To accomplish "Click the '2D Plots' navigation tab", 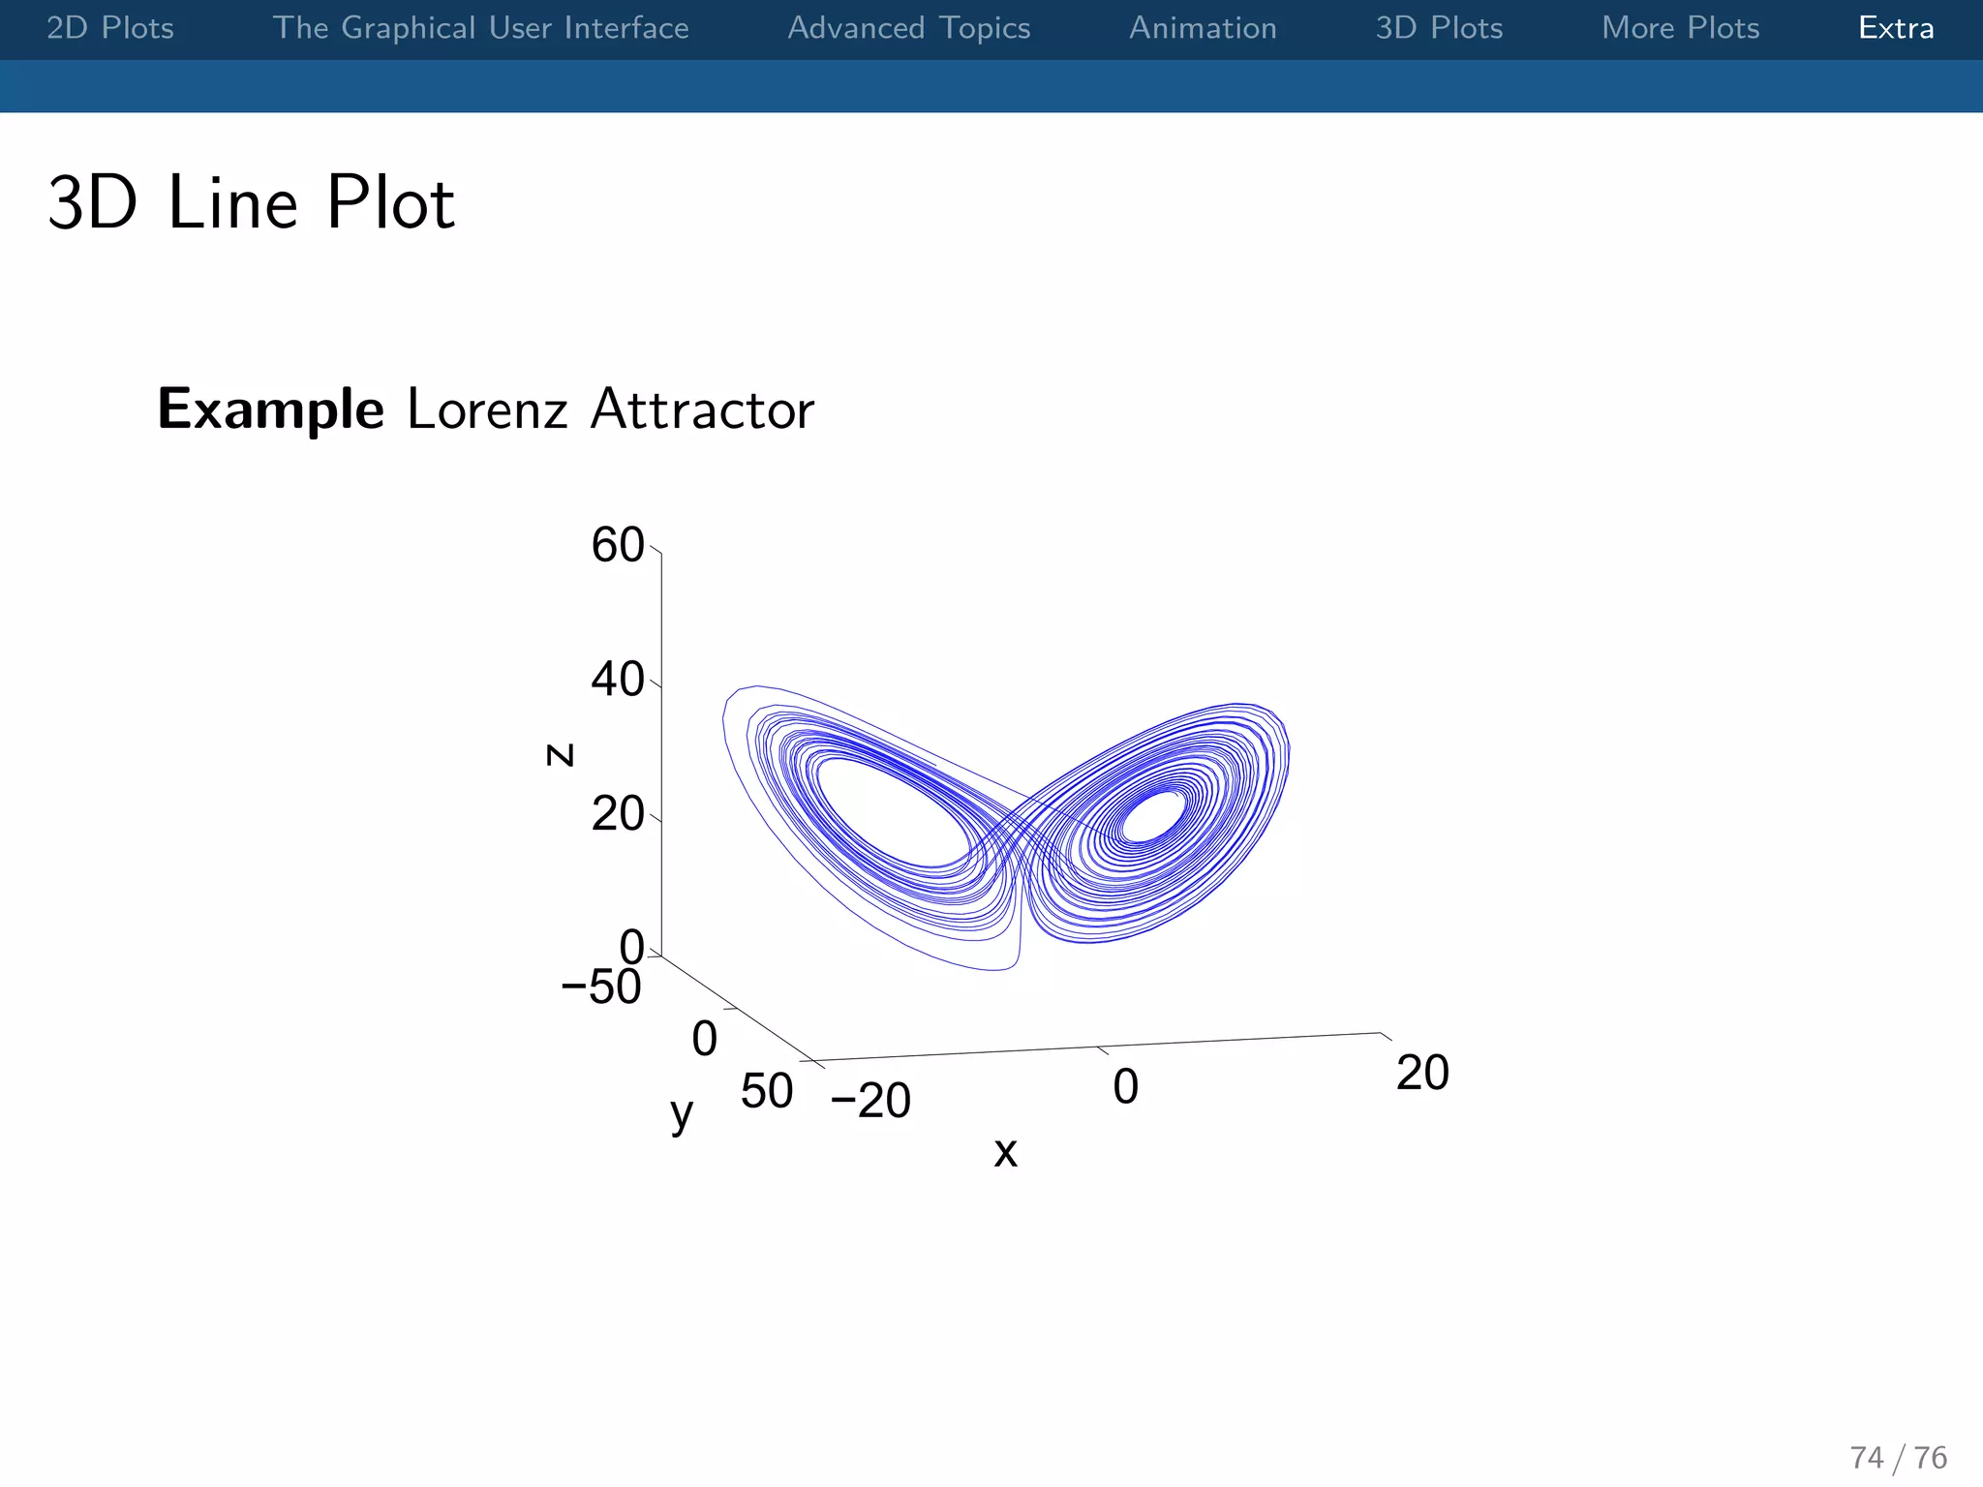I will [x=110, y=28].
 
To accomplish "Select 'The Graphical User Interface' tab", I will [x=480, y=28].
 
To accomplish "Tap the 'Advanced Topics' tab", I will [x=908, y=28].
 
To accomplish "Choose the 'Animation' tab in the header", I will [x=1203, y=28].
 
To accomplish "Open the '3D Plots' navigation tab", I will [x=1439, y=28].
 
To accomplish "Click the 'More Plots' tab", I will [x=1680, y=28].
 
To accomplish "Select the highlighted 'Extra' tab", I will [x=1896, y=28].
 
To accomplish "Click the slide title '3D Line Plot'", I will [x=251, y=203].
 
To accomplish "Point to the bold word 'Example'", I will [x=271, y=410].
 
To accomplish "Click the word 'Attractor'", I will [x=702, y=410].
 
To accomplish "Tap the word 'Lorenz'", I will [x=486, y=410].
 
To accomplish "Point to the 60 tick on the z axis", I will [x=618, y=545].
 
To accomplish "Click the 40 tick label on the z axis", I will [x=618, y=680].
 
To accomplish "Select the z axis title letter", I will [x=560, y=754].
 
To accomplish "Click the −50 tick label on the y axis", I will [x=601, y=987].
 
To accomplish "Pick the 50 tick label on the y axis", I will [x=767, y=1092].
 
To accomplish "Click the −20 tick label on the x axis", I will [x=870, y=1101].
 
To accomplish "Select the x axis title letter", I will [x=1006, y=1152].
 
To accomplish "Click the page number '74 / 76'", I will [x=1898, y=1457].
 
